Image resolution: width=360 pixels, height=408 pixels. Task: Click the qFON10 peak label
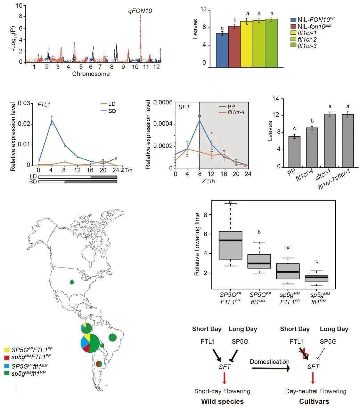140,11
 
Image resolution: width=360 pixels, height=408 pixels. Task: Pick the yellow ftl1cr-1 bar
246,44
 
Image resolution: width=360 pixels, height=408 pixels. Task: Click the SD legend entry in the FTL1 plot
112,111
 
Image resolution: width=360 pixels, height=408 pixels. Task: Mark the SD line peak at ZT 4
52,121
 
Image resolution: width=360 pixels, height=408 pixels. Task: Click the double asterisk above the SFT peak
199,117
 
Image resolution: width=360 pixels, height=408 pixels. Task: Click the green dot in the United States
72,282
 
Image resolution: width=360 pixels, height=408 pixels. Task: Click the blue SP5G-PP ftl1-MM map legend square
7,366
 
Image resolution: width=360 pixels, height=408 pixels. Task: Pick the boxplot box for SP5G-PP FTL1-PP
230,245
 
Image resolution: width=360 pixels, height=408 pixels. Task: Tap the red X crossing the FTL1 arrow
305,354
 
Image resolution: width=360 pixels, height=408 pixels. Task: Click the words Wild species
222,401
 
